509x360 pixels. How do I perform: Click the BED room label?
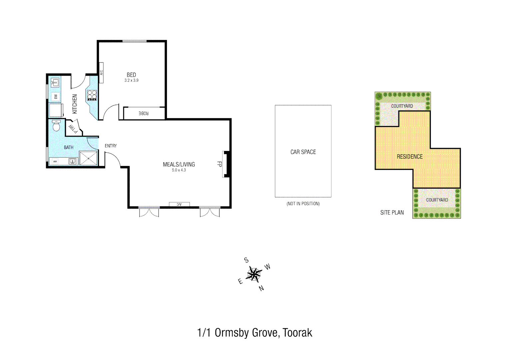point(131,75)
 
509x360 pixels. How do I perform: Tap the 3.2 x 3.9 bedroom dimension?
point(131,80)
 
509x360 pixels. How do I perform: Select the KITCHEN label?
point(75,104)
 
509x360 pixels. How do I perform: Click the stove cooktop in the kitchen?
point(92,95)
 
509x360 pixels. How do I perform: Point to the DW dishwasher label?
point(56,97)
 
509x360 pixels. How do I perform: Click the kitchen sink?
point(55,82)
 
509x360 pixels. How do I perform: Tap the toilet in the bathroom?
point(57,126)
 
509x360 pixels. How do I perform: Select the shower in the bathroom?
point(88,158)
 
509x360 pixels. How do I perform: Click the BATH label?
point(69,147)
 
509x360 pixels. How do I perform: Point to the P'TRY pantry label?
point(73,128)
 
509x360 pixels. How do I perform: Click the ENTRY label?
point(111,146)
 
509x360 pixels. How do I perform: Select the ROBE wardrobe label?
point(144,113)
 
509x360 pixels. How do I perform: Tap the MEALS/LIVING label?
point(179,164)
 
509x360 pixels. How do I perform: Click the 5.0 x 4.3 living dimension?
point(179,170)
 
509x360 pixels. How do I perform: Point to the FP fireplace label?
point(220,164)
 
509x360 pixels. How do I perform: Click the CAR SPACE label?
point(303,152)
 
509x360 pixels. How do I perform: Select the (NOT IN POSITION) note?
point(303,204)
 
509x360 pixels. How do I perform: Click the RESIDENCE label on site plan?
point(410,157)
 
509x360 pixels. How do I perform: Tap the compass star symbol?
point(254,274)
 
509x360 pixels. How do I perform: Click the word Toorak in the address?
point(297,333)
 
